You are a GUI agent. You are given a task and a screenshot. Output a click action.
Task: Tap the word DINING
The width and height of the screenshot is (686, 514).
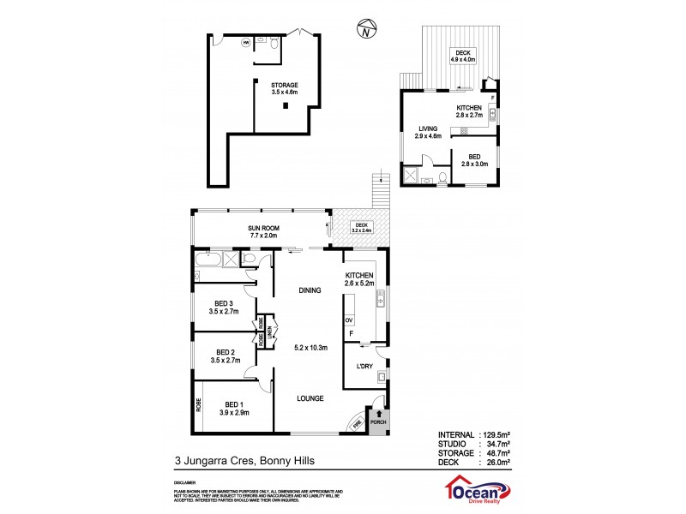pyautogui.click(x=310, y=290)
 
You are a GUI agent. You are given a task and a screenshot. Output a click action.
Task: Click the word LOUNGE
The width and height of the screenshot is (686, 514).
pyautogui.click(x=310, y=397)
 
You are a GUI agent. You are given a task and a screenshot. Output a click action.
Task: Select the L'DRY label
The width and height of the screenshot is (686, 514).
pyautogui.click(x=364, y=367)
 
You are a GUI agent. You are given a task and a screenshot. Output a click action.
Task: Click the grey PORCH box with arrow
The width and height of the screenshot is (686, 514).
pyautogui.click(x=378, y=418)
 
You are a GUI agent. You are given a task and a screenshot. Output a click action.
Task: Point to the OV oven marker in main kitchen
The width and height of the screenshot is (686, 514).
pyautogui.click(x=349, y=320)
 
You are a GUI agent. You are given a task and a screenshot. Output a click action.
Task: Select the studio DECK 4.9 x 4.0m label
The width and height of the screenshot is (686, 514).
pyautogui.click(x=465, y=57)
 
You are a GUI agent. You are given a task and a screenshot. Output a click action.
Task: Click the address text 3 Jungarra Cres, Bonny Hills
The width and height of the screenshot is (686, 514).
pyautogui.click(x=244, y=461)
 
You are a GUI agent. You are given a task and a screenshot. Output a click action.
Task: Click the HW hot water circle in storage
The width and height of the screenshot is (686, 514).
pyautogui.click(x=246, y=41)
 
